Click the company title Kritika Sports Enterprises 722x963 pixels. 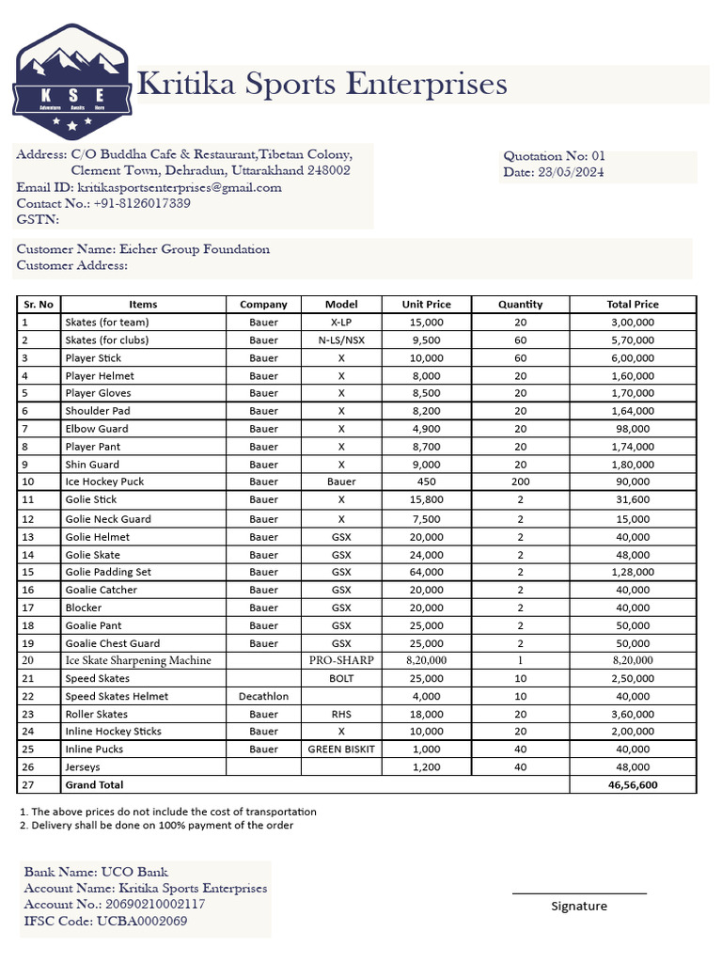point(322,85)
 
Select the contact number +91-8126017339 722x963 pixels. point(142,203)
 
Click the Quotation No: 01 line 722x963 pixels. point(555,156)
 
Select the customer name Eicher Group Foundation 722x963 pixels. point(195,249)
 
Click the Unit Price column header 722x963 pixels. point(426,305)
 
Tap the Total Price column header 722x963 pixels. point(633,305)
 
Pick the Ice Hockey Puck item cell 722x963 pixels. point(104,481)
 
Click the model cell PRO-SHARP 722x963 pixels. point(341,660)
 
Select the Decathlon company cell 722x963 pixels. point(263,696)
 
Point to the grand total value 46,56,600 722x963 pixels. point(633,784)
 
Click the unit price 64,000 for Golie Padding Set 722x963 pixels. point(426,572)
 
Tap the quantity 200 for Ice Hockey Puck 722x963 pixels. point(520,481)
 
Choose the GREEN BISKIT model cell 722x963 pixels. point(341,750)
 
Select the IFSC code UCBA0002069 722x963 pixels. point(142,921)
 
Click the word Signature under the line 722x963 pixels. point(579,907)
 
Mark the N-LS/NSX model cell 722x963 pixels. point(341,340)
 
